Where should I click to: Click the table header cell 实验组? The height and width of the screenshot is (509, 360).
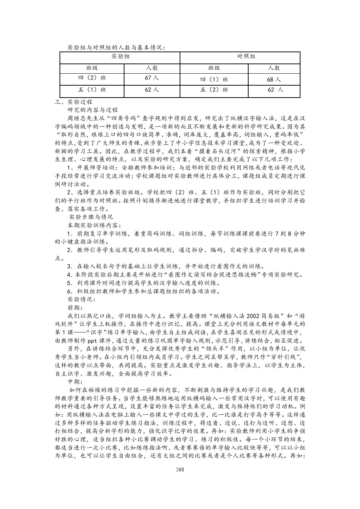pos(120,57)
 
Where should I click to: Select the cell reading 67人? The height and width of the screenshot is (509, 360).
pos(152,78)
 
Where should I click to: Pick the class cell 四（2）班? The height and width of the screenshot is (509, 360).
pos(92,78)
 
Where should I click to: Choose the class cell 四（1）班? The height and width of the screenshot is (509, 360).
pos(214,79)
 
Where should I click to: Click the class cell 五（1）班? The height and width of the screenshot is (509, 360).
pos(92,90)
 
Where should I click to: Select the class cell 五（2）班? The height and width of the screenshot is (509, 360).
pos(214,90)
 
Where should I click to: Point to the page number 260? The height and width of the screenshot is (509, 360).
pos(180,469)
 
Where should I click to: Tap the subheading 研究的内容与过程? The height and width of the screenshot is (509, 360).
pos(93,110)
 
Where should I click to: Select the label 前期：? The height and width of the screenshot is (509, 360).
pos(75,307)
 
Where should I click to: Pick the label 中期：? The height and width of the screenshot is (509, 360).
pos(75,382)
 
